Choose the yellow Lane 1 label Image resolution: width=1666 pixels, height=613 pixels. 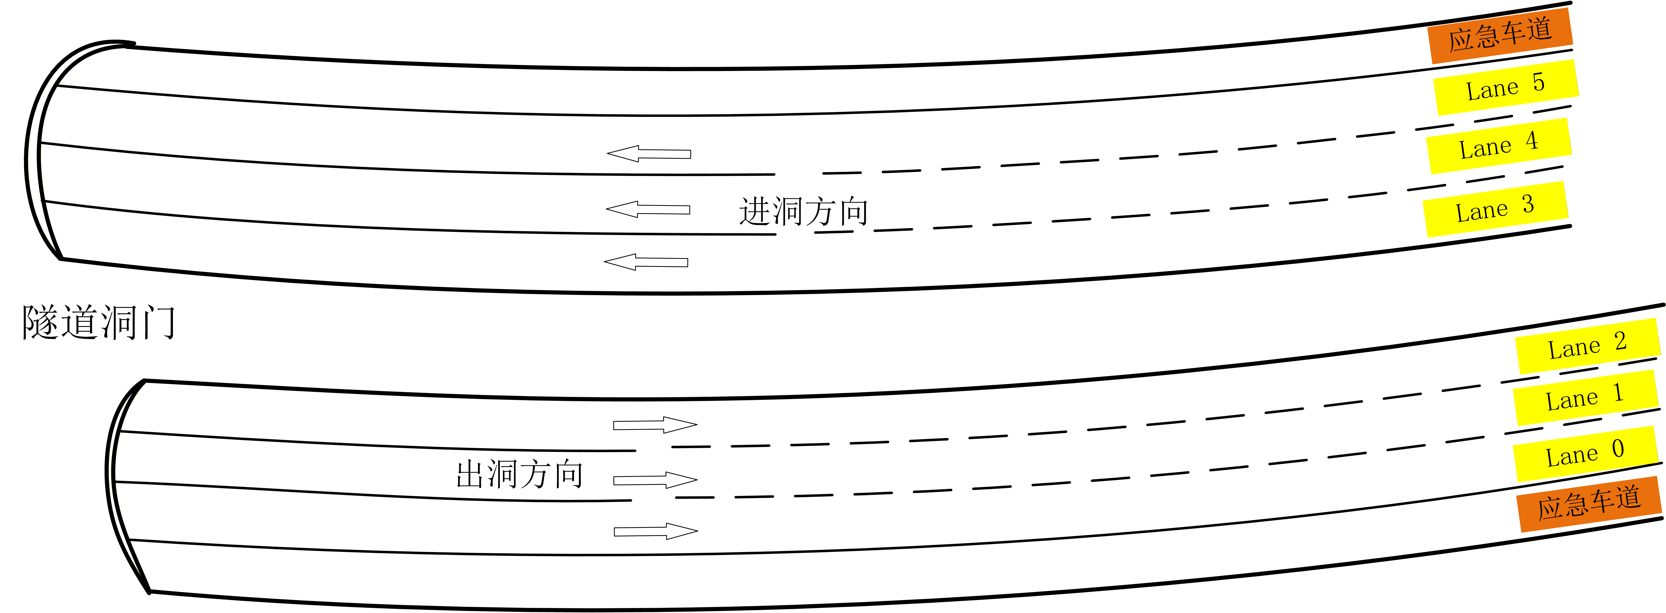[x=1584, y=397]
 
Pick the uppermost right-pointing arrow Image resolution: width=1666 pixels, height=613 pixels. [x=654, y=425]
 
